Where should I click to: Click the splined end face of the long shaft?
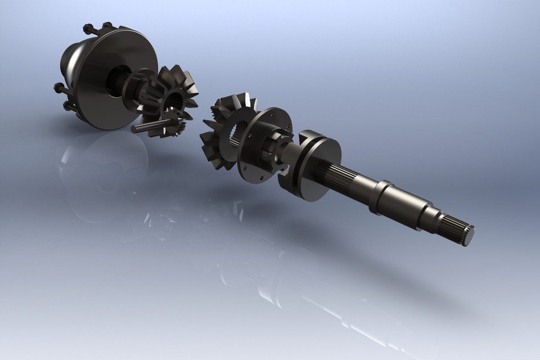click(467, 235)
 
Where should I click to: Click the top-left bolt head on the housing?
click(88, 28)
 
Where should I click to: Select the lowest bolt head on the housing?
click(68, 105)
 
